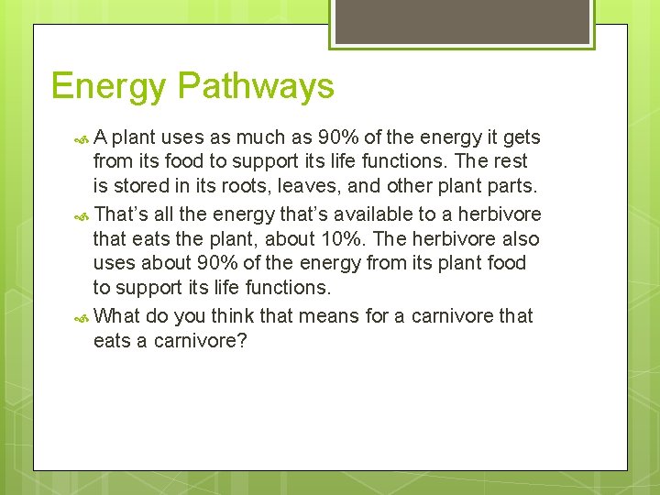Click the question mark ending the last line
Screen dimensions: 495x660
tap(242, 341)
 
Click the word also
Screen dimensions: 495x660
tap(519, 238)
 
